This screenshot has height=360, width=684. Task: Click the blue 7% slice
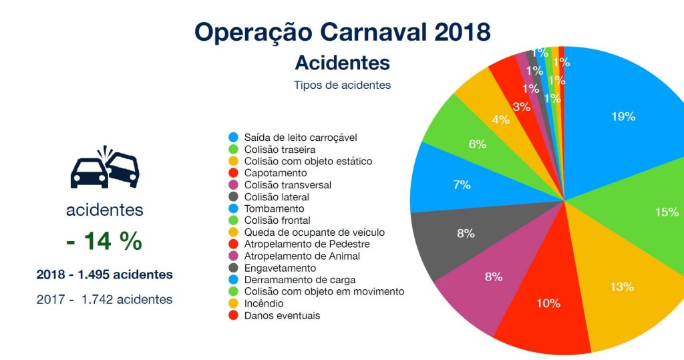[461, 184]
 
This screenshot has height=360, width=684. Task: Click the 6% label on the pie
[477, 144]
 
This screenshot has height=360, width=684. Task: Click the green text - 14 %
[104, 240]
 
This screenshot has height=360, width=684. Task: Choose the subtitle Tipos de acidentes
[342, 85]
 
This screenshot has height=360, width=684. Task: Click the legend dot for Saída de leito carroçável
[232, 137]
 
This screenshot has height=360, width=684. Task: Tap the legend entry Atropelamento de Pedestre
[307, 244]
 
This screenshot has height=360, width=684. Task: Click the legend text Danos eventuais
[282, 315]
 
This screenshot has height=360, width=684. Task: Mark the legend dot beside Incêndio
[232, 303]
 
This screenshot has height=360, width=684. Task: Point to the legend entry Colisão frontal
[277, 220]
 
